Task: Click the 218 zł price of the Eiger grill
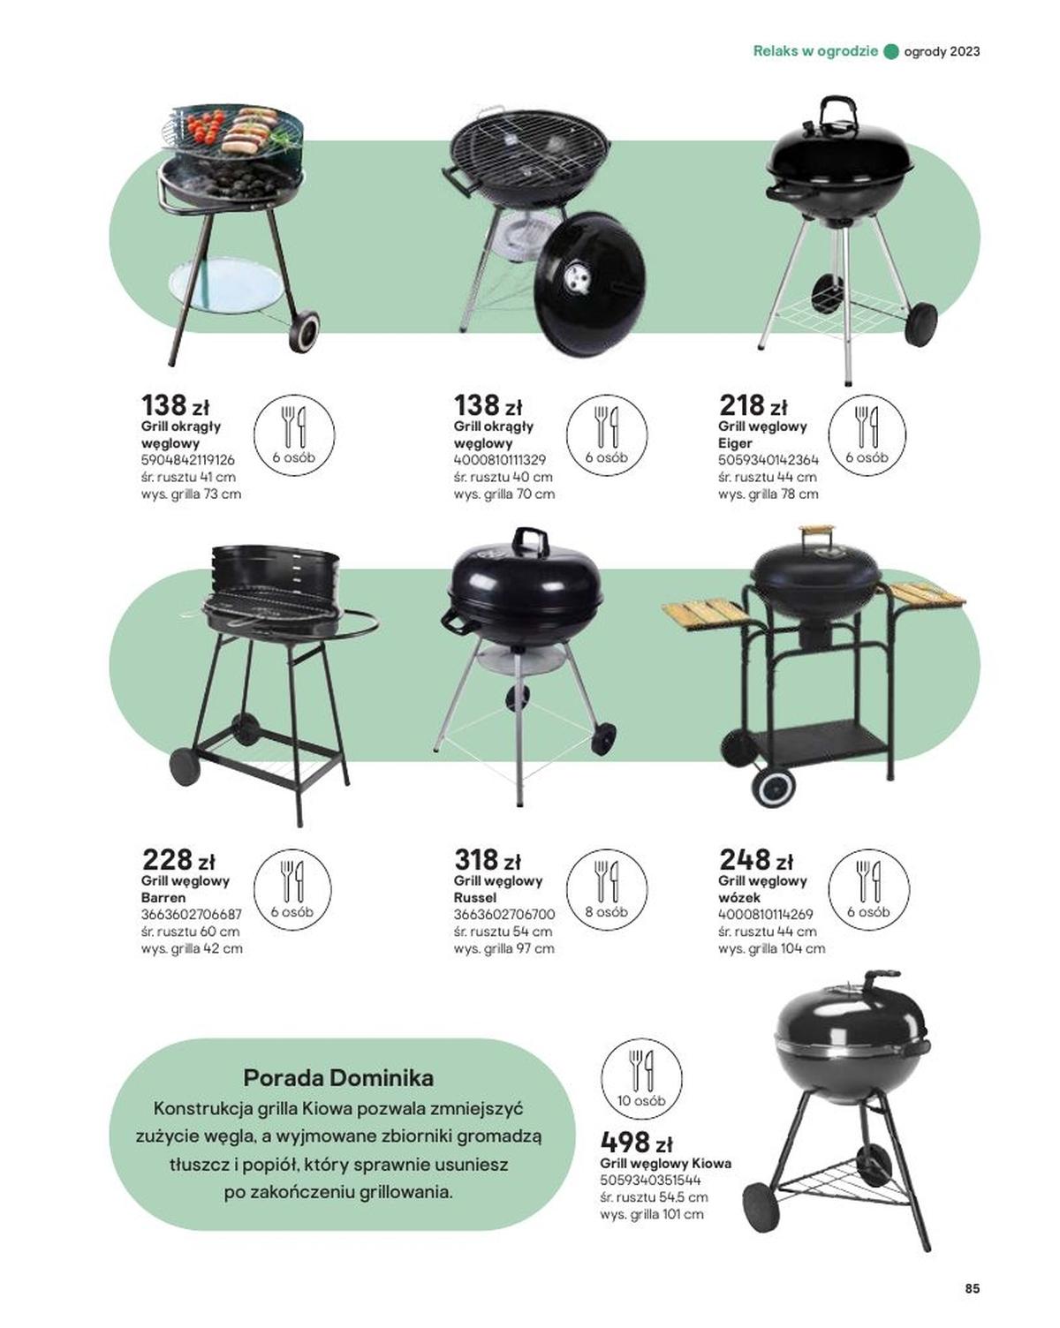753,405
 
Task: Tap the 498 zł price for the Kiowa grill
636,1142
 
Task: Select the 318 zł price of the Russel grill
487,860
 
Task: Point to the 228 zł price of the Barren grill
178,860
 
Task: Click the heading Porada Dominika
338,1077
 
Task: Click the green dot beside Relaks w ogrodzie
891,52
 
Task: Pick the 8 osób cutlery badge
606,889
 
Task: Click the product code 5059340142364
768,460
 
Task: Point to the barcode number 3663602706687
192,914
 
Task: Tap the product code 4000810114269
766,914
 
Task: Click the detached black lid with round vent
590,283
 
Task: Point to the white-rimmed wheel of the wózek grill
773,787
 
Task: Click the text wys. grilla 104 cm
771,948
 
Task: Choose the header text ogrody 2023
942,52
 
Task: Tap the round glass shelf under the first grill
223,287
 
